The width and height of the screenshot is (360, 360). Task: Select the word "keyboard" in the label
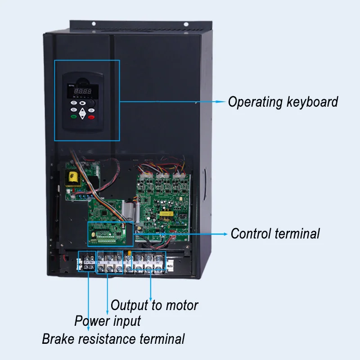click(x=312, y=102)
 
